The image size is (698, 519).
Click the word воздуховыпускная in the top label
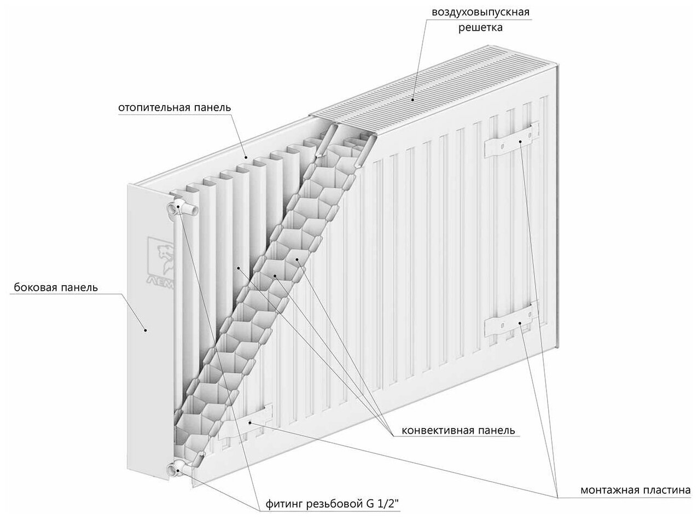click(x=481, y=11)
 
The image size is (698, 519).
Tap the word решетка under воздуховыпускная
click(x=480, y=27)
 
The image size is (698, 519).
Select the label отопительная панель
click(x=174, y=107)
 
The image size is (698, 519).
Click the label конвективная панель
click(x=458, y=430)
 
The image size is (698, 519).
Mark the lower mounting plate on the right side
click(x=511, y=324)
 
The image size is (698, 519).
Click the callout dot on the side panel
click(x=146, y=330)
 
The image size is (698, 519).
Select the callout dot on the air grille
click(x=412, y=99)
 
